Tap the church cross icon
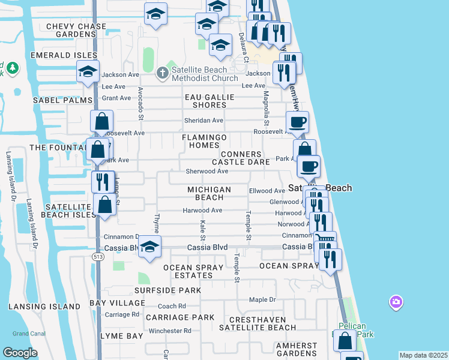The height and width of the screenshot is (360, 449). click(x=161, y=74)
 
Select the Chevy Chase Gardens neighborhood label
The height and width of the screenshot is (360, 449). click(x=76, y=30)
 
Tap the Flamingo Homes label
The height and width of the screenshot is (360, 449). click(x=205, y=141)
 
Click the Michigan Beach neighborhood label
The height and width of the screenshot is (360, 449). click(x=209, y=193)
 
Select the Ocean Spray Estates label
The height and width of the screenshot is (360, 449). click(x=188, y=271)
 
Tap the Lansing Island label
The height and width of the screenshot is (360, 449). click(x=44, y=307)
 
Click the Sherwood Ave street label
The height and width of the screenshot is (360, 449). click(x=206, y=171)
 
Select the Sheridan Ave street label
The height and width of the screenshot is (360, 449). click(x=204, y=121)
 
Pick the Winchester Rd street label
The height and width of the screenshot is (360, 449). click(x=170, y=331)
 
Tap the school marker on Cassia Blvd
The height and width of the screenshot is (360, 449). click(x=150, y=246)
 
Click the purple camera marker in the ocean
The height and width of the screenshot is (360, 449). click(x=396, y=302)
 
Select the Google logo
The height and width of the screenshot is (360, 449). click(x=20, y=353)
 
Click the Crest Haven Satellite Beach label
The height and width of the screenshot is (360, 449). click(x=257, y=323)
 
